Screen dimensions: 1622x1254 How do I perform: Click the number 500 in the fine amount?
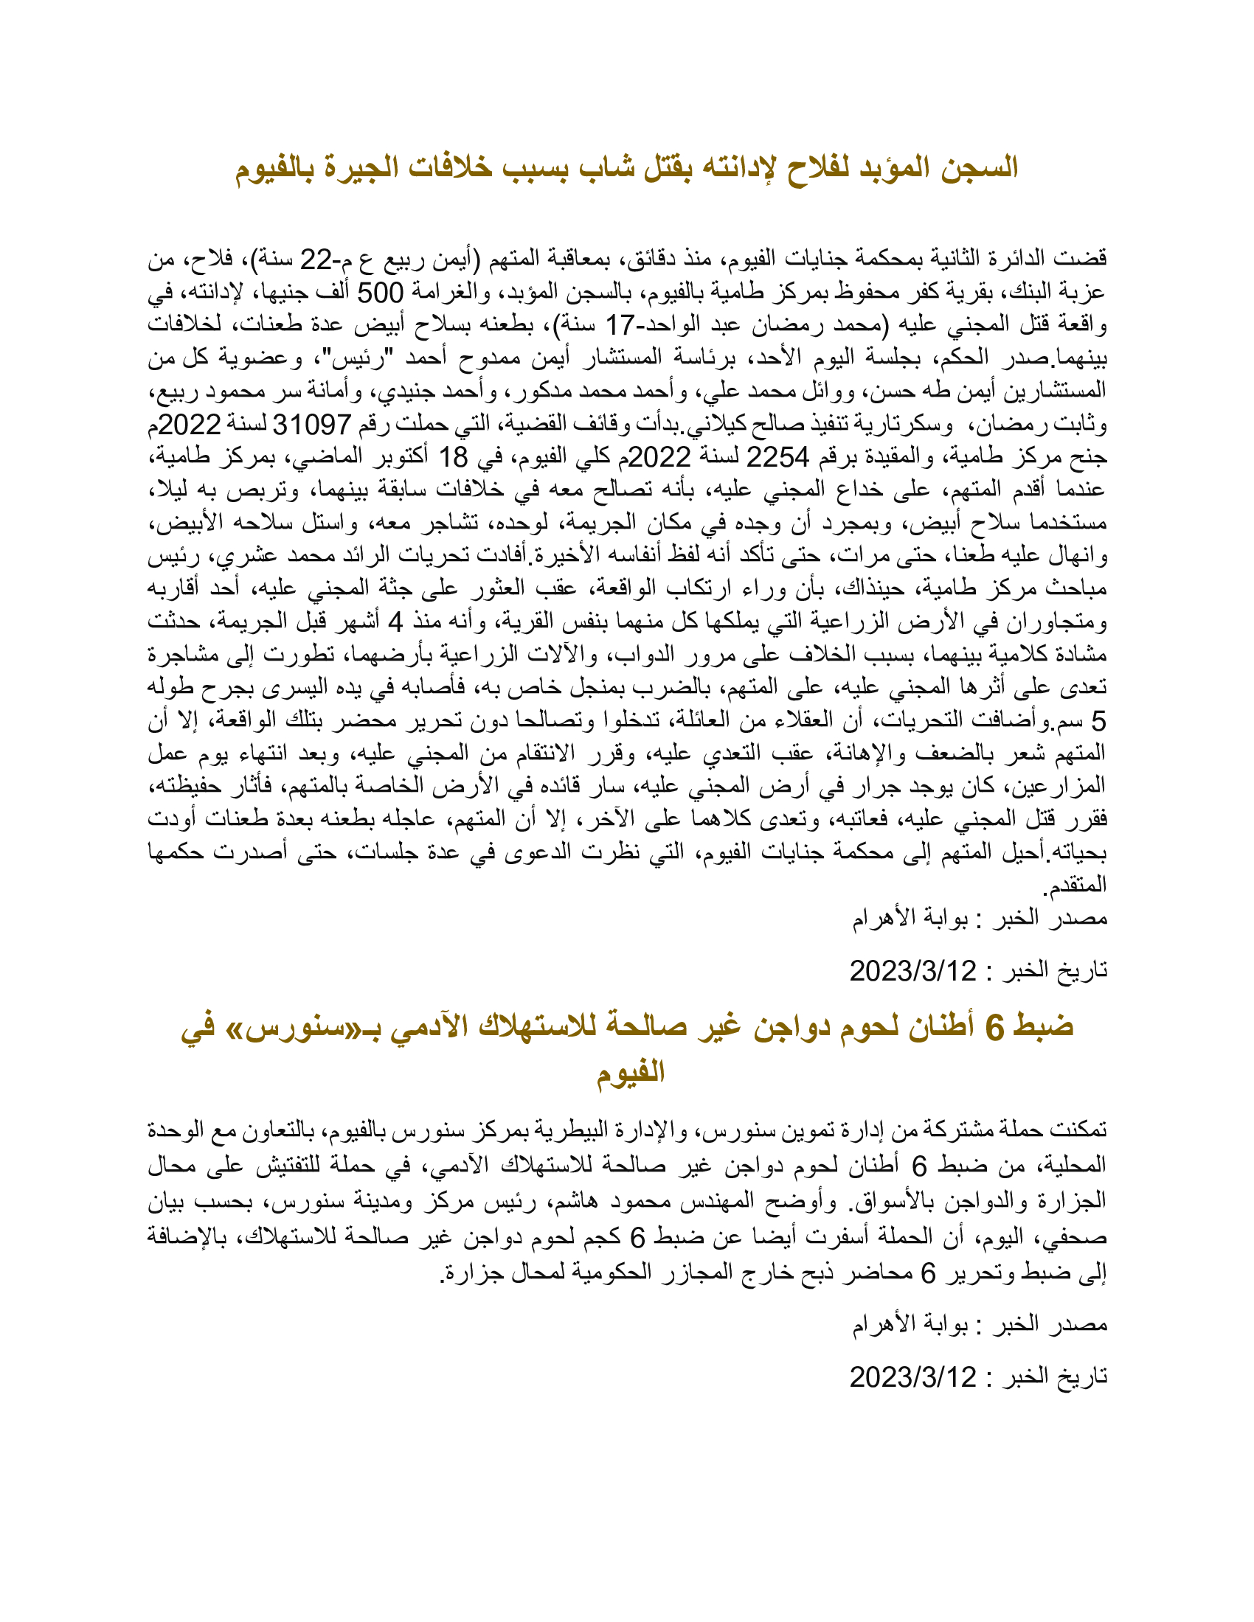381,293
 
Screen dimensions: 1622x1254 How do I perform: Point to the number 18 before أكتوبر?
453,458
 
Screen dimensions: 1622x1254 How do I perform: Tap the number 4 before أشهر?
396,622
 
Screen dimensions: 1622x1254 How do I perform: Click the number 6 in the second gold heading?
994,1027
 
